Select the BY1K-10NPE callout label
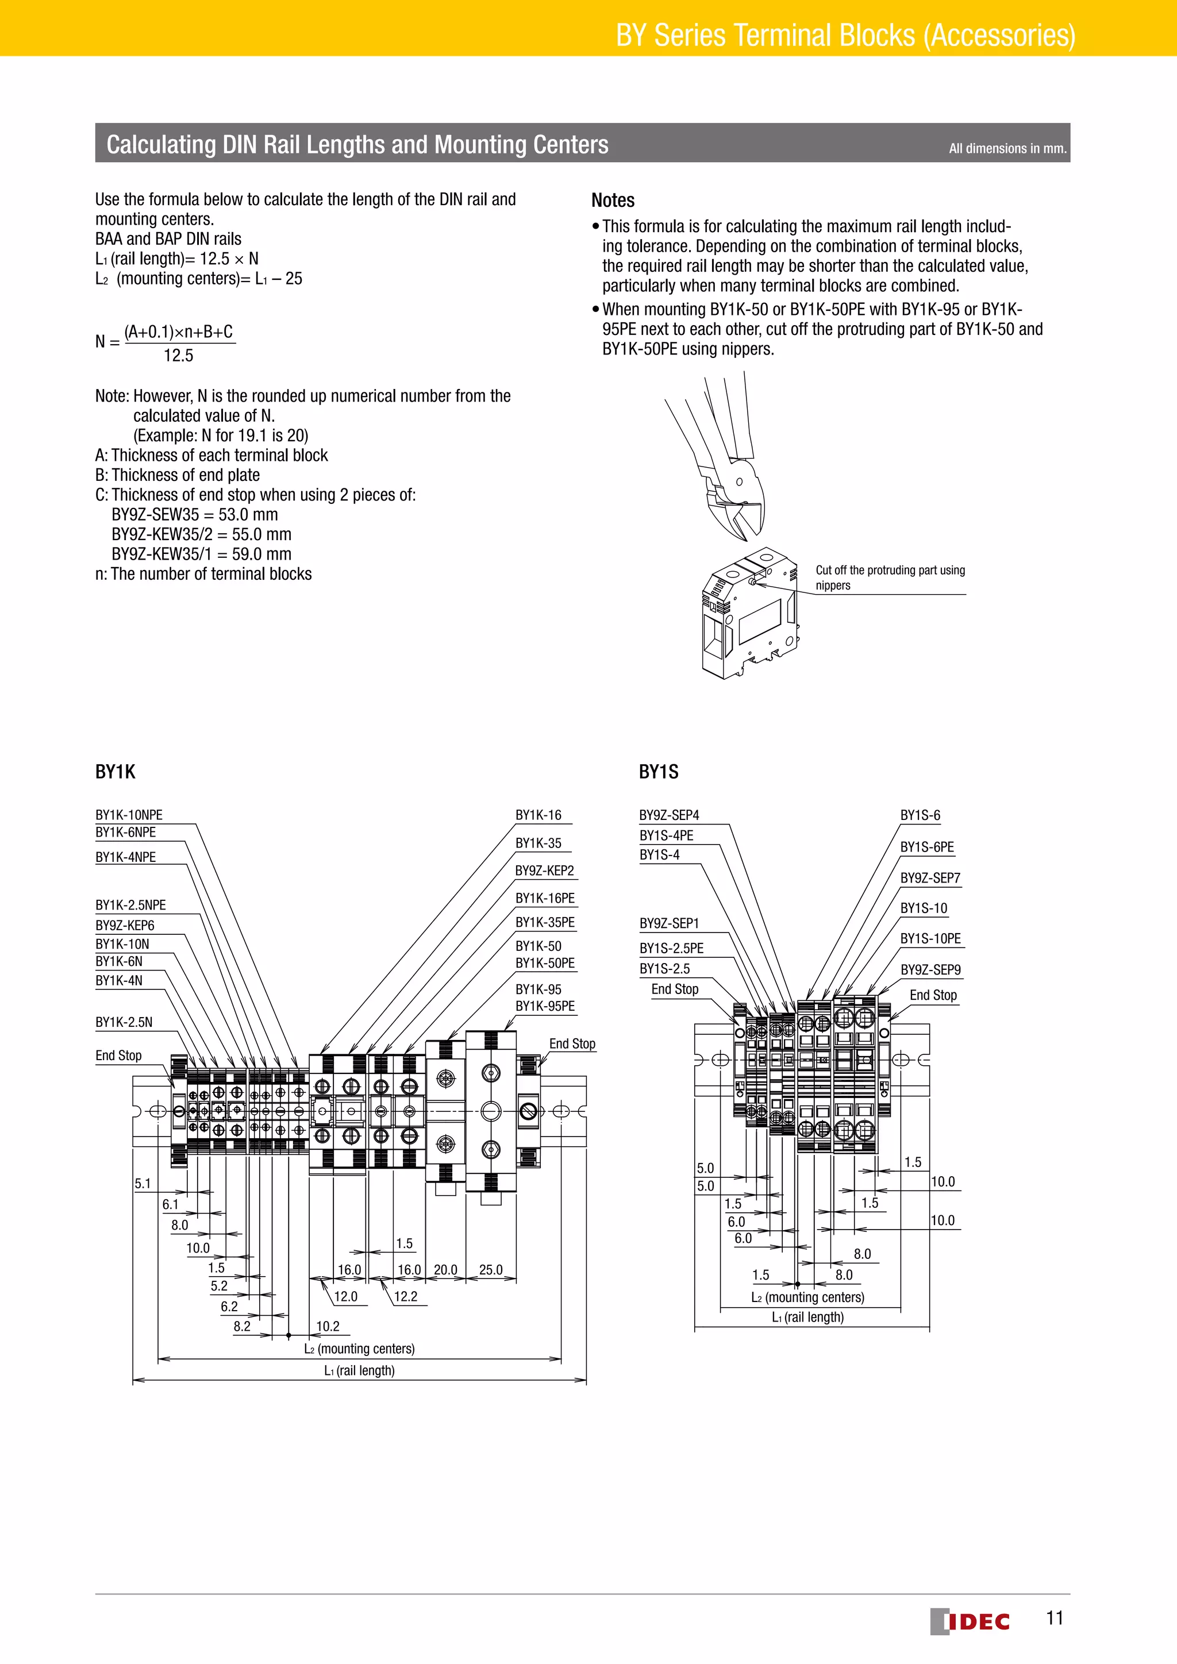coord(129,815)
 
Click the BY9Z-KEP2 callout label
coord(544,870)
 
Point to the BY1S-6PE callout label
coord(927,847)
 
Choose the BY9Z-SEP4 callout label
coord(669,815)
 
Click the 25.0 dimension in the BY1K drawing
coord(491,1270)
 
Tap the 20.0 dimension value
coord(445,1270)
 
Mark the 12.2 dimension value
coord(405,1297)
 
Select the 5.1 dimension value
coord(143,1184)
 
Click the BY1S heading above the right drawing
coord(658,772)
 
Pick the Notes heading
coord(613,201)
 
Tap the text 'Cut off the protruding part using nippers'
coord(890,577)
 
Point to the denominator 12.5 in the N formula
coord(178,355)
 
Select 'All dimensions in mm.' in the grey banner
coord(1007,149)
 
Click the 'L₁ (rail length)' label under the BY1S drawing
coord(807,1317)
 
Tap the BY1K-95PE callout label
coord(545,1006)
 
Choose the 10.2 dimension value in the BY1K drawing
coord(328,1326)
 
